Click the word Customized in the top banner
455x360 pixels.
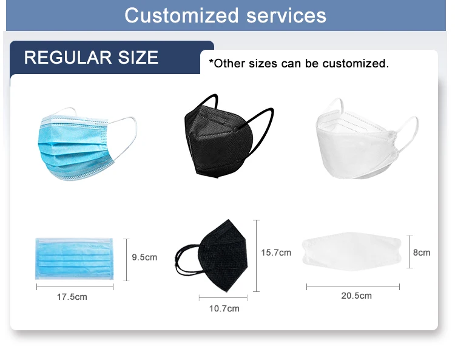coord(181,16)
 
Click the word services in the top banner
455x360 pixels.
coord(286,16)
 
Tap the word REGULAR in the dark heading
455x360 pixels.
coord(68,58)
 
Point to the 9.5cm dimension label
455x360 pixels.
coord(144,257)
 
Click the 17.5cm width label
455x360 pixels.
coord(72,297)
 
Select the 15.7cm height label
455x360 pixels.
coord(276,253)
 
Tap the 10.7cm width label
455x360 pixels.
coord(224,308)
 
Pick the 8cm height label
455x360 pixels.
coord(422,253)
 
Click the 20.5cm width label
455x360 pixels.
coord(356,296)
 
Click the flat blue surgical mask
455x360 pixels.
coord(74,259)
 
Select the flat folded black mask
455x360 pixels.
coord(212,256)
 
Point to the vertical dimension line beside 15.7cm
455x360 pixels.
coord(256,256)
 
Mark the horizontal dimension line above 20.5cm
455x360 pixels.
coord(353,287)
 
